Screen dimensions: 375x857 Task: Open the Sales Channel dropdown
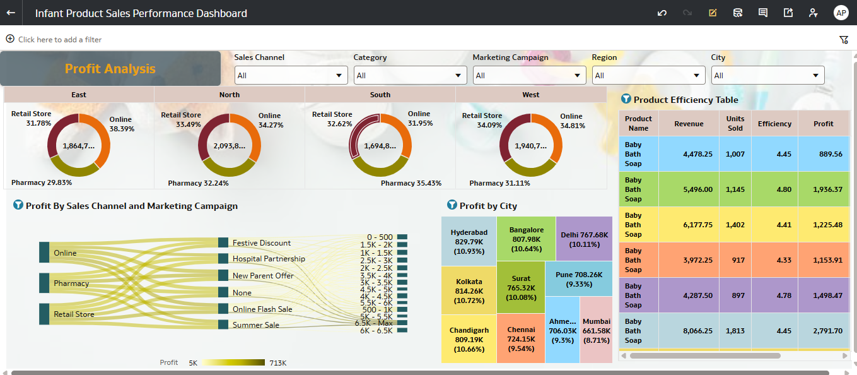coord(291,76)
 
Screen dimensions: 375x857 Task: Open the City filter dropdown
coord(767,76)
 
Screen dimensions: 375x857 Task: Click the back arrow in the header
coord(11,13)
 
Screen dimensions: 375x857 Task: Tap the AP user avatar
coord(841,13)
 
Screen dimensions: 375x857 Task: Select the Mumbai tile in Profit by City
coord(596,331)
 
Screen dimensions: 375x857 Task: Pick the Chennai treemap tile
coord(521,338)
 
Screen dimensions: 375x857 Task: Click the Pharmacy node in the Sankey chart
coord(44,283)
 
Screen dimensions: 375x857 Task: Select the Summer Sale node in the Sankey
coord(223,324)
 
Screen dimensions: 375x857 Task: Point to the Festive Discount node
coord(223,242)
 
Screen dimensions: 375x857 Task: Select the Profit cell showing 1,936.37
coord(823,189)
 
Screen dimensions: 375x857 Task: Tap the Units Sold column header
coord(735,123)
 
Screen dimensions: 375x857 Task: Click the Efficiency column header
coord(774,124)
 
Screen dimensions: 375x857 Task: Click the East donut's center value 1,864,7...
coord(79,146)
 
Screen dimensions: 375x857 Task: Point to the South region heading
coord(380,95)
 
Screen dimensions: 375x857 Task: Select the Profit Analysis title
coord(110,69)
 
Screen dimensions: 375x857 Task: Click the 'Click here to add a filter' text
coord(60,39)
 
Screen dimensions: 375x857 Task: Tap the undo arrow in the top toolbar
coord(662,13)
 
